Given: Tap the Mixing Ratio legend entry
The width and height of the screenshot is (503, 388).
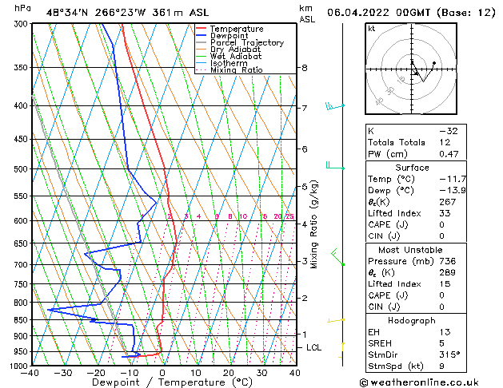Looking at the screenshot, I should pyautogui.click(x=236, y=70).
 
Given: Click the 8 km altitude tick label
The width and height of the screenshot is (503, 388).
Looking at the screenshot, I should pyautogui.click(x=304, y=69).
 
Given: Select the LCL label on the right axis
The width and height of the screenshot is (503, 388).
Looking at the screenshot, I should pyautogui.click(x=313, y=348).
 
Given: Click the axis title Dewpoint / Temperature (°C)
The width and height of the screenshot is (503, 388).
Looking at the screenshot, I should pyautogui.click(x=162, y=382).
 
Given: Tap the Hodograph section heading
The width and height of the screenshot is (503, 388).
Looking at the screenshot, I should pyautogui.click(x=412, y=319).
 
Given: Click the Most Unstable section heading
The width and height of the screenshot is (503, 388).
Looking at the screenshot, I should pyautogui.click(x=412, y=248).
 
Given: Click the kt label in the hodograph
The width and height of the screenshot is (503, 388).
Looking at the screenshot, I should pyautogui.click(x=371, y=29).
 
